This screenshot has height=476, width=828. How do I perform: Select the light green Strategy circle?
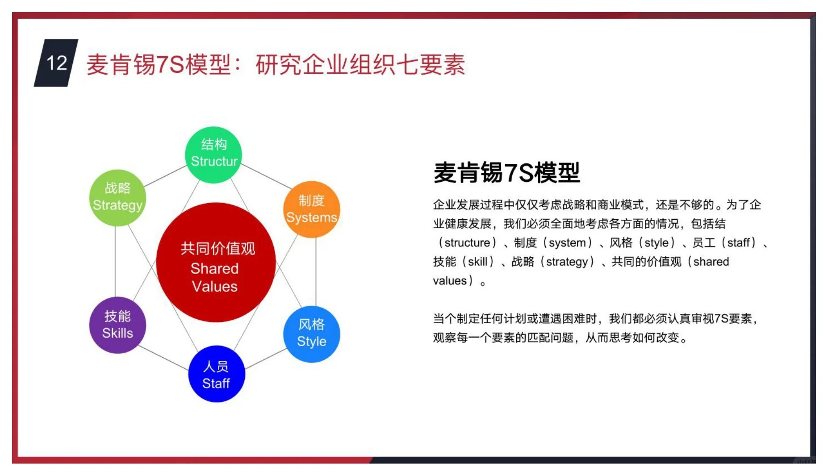117,197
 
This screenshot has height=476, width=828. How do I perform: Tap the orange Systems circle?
311,209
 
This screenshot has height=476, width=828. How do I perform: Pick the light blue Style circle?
311,334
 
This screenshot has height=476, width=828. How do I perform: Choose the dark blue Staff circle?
216,374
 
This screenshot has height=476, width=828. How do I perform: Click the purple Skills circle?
117,325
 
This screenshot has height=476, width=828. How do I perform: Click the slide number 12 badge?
56,63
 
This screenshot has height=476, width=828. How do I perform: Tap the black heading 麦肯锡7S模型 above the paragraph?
506,173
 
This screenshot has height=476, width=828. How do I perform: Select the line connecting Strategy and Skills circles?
115,261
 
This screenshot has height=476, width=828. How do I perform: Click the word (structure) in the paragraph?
467,243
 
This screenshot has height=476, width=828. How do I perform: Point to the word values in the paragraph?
449,281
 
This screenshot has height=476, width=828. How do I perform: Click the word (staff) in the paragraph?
738,243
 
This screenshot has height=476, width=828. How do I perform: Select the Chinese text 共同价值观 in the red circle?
217,248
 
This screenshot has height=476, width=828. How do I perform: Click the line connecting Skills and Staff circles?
163,358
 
